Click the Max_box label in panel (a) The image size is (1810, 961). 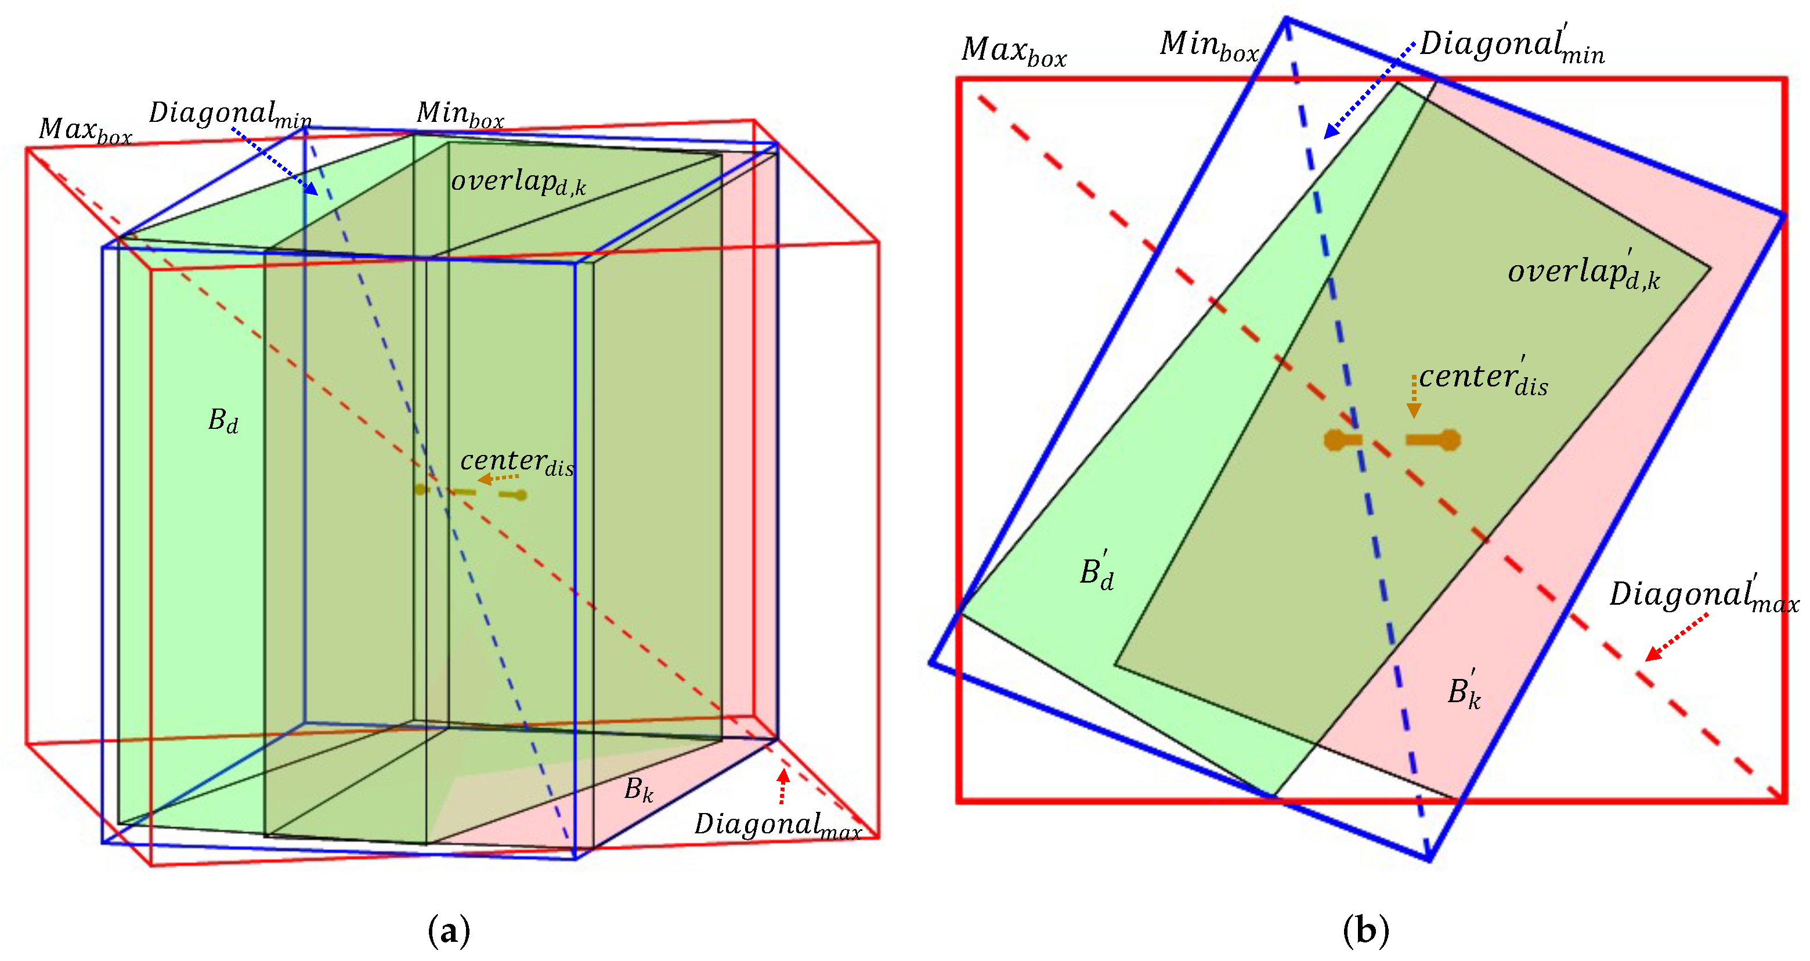pos(85,131)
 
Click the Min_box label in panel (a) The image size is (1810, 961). pos(460,114)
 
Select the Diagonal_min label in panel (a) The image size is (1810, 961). pos(230,114)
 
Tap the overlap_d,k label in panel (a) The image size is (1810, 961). pos(518,182)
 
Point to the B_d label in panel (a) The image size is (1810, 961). pos(223,421)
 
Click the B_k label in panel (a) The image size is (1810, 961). pos(638,790)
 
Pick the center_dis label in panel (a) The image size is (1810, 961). pos(516,463)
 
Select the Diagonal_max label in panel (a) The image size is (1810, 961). pos(777,825)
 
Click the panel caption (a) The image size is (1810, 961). pos(448,931)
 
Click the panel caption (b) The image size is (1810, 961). pos(1365,931)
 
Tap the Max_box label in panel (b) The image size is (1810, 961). pos(1013,50)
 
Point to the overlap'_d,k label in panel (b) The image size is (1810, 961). pos(1583,270)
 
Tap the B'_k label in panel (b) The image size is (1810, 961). pos(1464,691)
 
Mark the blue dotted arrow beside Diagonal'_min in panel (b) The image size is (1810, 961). pos(1369,90)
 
